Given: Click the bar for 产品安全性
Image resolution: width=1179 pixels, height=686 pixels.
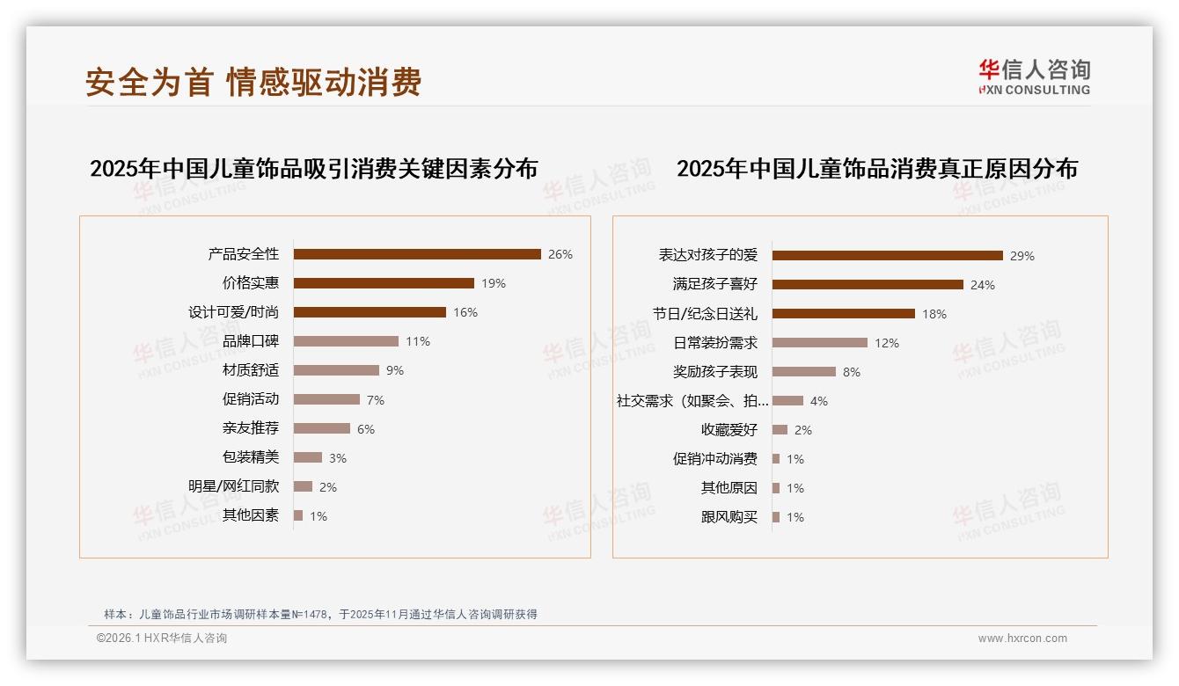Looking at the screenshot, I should [417, 254].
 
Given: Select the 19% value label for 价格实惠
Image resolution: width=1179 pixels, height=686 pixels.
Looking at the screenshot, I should [494, 283].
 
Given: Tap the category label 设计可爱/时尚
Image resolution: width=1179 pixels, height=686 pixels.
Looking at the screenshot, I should [233, 312].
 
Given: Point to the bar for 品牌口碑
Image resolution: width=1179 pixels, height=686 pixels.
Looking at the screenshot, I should [346, 341].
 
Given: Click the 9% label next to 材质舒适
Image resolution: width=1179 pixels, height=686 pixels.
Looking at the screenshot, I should [395, 370].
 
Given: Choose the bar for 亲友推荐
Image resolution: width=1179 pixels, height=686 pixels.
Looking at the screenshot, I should [321, 428].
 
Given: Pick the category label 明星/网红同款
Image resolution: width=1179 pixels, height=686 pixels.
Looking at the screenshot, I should [233, 486].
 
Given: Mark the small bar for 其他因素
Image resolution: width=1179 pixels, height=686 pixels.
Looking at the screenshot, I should [298, 515].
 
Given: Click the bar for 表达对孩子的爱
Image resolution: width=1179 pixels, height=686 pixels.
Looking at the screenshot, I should [887, 256].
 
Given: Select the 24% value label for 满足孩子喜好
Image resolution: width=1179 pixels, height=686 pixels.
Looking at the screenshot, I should [983, 285].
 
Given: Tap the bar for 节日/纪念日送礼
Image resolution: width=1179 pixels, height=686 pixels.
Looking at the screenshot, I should [843, 314].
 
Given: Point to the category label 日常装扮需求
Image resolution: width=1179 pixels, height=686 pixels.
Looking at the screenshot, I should [715, 343].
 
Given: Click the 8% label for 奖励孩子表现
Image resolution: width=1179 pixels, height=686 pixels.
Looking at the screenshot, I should [852, 372].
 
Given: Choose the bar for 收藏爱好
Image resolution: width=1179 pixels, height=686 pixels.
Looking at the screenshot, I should [780, 430].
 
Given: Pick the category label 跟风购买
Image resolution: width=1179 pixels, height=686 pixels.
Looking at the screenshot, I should [729, 517].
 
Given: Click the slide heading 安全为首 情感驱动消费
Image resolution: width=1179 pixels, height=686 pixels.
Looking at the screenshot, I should [253, 83].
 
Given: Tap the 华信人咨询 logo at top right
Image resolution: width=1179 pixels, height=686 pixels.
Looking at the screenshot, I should [1034, 77].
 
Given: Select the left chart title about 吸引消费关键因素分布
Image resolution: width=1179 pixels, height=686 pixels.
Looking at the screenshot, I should [313, 168].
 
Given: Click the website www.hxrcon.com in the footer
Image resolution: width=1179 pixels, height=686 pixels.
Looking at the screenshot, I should [1022, 639].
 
